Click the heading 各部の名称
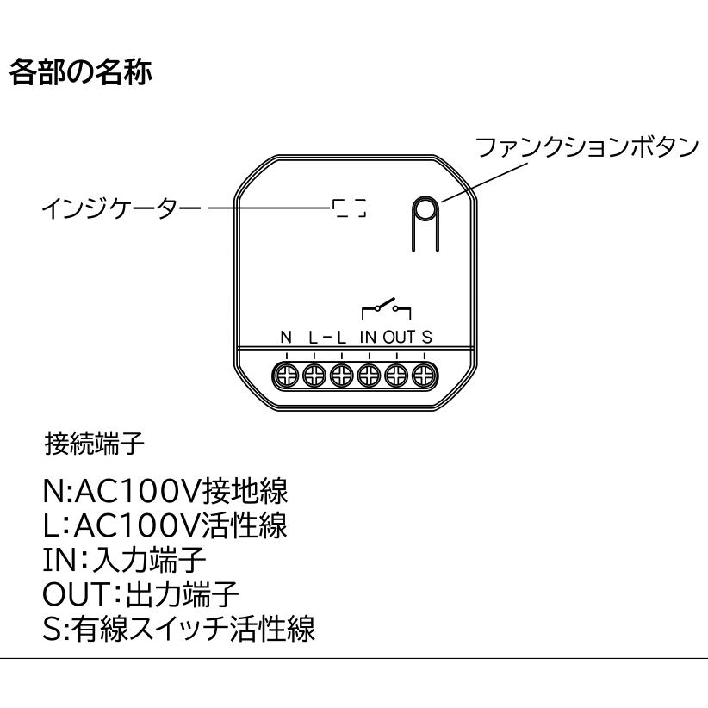[x=80, y=72]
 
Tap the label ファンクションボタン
[x=587, y=147]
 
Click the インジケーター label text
[x=121, y=208]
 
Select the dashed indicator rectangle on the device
[x=349, y=208]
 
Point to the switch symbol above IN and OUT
[x=386, y=308]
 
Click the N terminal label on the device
[x=286, y=337]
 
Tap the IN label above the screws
[x=368, y=337]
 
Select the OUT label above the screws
[x=399, y=337]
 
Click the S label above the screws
[x=426, y=337]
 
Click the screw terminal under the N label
[x=287, y=376]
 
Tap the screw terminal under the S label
[x=424, y=376]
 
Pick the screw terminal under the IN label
[x=369, y=376]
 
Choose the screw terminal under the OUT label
[x=396, y=376]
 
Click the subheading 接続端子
[x=95, y=443]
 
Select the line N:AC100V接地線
[x=165, y=491]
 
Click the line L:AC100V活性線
[x=165, y=525]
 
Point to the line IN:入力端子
[x=125, y=559]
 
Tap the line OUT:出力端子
[x=141, y=593]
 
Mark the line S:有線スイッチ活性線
[x=179, y=628]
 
